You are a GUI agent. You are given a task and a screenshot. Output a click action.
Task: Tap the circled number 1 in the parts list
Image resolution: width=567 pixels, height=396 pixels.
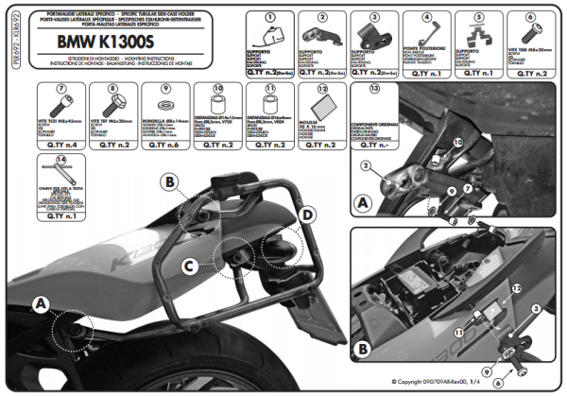click(x=272, y=17)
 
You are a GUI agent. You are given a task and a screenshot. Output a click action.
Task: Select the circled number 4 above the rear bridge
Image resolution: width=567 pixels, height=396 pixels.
click(x=426, y=17)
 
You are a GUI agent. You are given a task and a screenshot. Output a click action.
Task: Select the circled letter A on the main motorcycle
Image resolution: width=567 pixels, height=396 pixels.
click(x=39, y=302)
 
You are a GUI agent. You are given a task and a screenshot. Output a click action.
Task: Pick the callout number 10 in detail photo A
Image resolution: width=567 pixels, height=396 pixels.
click(x=457, y=141)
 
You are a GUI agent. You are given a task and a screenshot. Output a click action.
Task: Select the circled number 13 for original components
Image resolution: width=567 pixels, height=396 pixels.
click(x=374, y=88)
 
